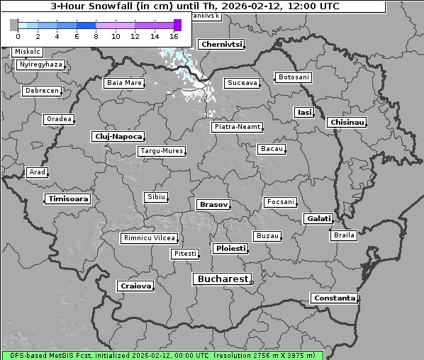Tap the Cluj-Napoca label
pos(118,136)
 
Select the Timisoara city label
pos(69,199)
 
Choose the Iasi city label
pos(304,112)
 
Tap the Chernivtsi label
pos(221,45)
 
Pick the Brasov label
pos(213,205)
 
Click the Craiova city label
pos(136,286)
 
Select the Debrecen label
pos(41,91)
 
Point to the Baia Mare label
pos(124,83)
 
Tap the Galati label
pos(317,219)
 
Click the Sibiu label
pos(155,197)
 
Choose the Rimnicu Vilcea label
pos(149,238)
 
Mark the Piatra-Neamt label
pos(238,127)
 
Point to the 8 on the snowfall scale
pos(96,36)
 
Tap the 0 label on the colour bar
pos(18,36)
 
